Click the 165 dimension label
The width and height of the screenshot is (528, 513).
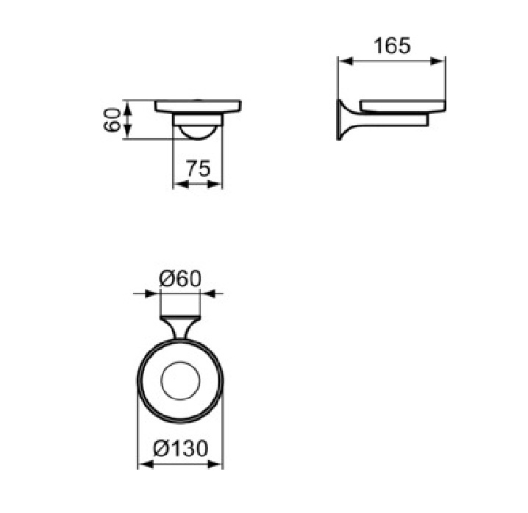[392, 46]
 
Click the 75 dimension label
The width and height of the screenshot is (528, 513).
[199, 168]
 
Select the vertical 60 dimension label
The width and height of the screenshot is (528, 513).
[112, 120]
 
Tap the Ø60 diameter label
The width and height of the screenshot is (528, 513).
[180, 279]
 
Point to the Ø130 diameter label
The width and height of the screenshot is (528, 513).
[181, 448]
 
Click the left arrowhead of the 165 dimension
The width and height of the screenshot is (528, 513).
[346, 61]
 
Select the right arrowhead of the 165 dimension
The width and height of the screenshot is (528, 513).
[438, 61]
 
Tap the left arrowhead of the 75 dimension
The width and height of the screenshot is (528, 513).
[180, 184]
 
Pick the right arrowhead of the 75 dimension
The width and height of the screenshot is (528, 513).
[215, 184]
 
